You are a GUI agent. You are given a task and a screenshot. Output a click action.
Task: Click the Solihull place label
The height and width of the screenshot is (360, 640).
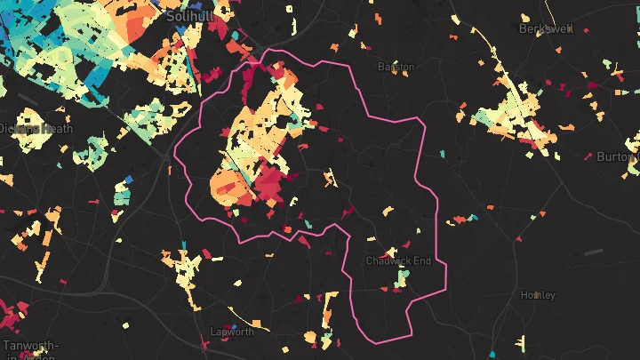click(188, 17)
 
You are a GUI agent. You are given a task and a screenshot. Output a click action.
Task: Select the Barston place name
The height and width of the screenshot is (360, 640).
click(396, 67)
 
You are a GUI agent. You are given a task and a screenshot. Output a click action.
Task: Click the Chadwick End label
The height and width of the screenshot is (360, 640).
click(398, 260)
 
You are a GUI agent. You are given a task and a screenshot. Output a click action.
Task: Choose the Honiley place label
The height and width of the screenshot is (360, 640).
click(537, 294)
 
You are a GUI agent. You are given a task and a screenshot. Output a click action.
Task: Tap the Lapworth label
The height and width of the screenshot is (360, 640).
click(231, 332)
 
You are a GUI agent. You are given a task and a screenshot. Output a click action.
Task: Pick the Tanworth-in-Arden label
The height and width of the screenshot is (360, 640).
click(31, 349)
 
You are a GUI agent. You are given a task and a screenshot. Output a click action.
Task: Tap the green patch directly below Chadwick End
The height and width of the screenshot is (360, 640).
click(402, 279)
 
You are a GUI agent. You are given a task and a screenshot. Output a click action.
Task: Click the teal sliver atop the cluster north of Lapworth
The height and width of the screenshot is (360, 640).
click(184, 244)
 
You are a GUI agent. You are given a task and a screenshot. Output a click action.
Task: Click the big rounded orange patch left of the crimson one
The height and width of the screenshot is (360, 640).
click(228, 182)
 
